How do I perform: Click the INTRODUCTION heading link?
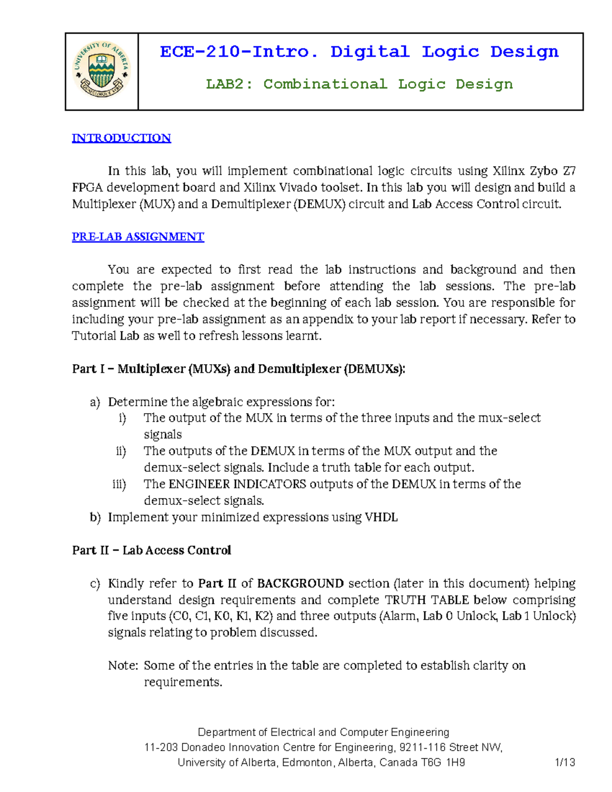[121, 138]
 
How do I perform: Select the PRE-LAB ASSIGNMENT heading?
[138, 237]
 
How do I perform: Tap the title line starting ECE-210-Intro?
[359, 52]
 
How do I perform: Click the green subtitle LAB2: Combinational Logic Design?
[359, 84]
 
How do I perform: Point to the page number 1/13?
[565, 762]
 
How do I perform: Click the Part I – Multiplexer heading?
[239, 369]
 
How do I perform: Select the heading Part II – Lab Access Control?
[151, 550]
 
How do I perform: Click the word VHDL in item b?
[381, 517]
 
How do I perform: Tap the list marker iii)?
[119, 484]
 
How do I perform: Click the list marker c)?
[95, 583]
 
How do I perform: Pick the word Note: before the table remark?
[123, 666]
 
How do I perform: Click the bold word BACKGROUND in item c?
[300, 583]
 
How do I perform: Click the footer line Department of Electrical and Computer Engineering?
[323, 732]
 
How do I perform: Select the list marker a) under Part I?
[95, 402]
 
